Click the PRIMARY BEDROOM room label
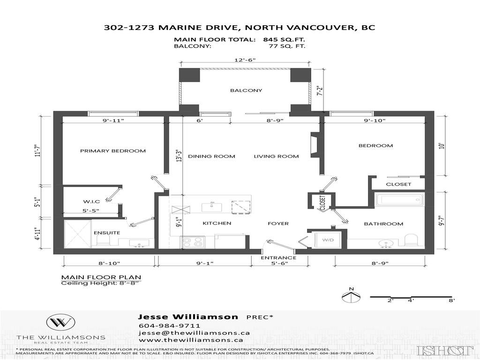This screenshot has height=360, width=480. click(112, 151)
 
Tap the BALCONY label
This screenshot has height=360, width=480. click(246, 90)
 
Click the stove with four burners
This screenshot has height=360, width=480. click(193, 242)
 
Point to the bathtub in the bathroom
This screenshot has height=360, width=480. click(399, 200)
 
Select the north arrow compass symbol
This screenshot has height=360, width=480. click(351, 296)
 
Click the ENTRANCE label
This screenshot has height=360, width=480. click(278, 258)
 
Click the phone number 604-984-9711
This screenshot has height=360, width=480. click(170, 326)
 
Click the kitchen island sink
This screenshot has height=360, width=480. click(212, 206)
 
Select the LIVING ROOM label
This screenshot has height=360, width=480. click(276, 157)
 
